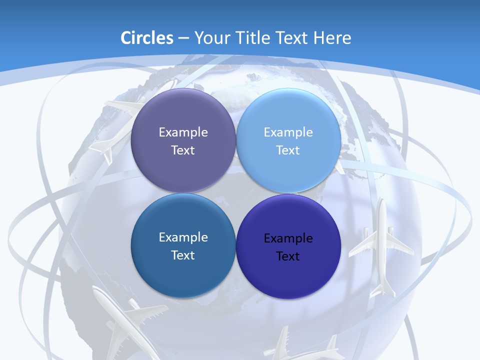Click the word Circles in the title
coord(147,38)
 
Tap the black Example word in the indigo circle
coord(288,238)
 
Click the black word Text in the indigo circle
coord(288,256)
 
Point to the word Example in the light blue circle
coord(288,132)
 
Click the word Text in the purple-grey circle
coord(183,150)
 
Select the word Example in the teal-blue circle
coord(183,237)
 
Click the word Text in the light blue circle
coord(288,150)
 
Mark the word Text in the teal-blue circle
coord(183,255)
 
